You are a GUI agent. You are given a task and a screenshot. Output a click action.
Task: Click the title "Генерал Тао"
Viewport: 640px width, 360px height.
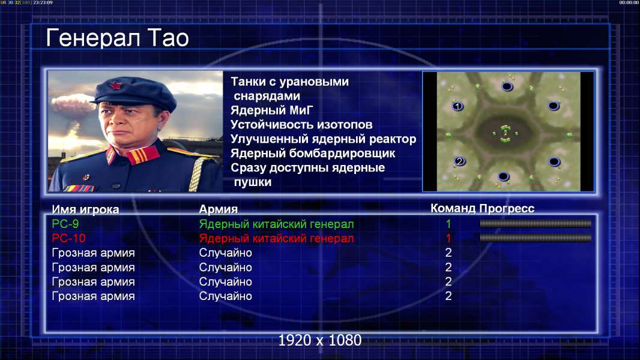click(117, 38)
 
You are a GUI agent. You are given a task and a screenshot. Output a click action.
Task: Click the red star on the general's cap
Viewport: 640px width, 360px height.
click(115, 85)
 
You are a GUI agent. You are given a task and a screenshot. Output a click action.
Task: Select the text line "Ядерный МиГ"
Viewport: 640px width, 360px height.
click(271, 110)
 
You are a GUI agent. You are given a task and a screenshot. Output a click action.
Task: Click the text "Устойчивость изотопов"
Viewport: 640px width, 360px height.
click(301, 124)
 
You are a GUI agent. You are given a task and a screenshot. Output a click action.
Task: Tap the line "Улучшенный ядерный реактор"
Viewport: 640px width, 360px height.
click(323, 139)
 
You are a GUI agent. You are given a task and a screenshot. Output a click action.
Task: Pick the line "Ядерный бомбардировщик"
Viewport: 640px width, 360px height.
click(313, 153)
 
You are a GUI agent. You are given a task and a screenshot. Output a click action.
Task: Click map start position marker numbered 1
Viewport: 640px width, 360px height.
click(457, 106)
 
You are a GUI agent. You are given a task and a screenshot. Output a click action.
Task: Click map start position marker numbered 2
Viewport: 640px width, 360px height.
click(460, 161)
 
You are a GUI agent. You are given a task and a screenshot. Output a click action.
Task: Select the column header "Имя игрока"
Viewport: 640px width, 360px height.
click(85, 209)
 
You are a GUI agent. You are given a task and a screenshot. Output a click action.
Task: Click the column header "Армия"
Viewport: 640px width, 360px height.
click(218, 209)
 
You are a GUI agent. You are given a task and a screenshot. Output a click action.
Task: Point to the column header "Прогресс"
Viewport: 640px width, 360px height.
click(507, 208)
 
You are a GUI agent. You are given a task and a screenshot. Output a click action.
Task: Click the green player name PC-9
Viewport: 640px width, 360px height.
click(65, 224)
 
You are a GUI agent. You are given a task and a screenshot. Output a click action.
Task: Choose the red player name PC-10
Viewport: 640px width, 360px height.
click(68, 238)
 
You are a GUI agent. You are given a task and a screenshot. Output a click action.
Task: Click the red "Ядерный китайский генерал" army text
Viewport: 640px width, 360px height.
click(276, 239)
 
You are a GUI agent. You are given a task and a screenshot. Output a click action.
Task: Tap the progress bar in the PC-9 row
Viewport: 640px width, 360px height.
click(536, 223)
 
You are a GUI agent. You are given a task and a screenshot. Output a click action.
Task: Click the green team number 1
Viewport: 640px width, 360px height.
click(448, 224)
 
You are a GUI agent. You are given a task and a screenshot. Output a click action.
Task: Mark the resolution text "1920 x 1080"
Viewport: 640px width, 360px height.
click(319, 340)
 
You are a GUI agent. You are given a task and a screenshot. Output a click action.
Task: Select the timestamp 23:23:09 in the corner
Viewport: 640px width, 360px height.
click(43, 2)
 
